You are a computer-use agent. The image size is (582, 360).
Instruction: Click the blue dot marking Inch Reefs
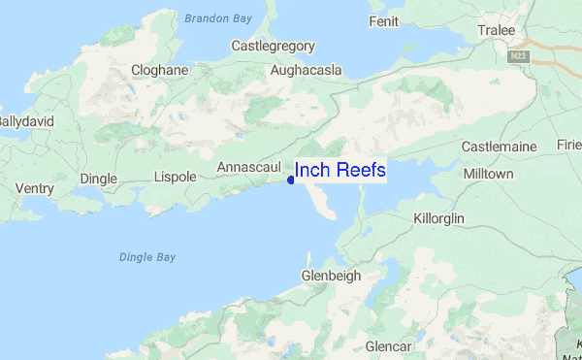(291, 179)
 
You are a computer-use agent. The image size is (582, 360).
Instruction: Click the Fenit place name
(383, 20)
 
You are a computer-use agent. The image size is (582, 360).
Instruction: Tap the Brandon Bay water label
(218, 17)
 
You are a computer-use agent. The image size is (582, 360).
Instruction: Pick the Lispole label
(175, 177)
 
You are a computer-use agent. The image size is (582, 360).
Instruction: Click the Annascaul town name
(248, 168)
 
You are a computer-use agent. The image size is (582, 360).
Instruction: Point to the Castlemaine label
(499, 147)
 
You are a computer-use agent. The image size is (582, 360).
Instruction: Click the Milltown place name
(489, 173)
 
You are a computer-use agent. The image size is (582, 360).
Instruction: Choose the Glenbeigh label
(331, 276)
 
